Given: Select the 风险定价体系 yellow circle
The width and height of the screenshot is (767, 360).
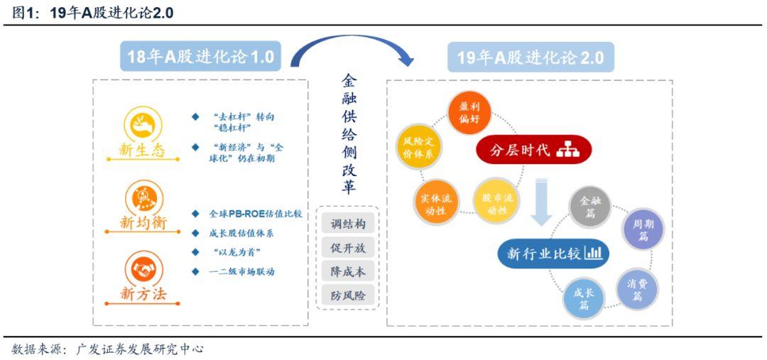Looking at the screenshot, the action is (x=418, y=148).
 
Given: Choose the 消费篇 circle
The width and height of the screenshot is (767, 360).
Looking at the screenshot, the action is (x=637, y=288).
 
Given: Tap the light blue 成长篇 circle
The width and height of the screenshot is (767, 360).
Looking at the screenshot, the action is (x=584, y=298).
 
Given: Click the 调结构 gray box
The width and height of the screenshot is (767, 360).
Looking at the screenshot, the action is (x=348, y=224).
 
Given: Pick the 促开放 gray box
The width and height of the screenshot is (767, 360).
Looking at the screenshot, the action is (x=348, y=248).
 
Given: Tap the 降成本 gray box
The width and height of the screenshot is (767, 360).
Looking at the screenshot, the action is (x=348, y=271).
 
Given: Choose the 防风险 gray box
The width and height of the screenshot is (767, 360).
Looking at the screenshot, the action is (x=348, y=295).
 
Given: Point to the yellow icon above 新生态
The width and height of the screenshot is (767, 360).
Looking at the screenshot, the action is (x=143, y=124).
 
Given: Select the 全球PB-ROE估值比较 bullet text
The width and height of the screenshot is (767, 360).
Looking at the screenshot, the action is (x=256, y=214).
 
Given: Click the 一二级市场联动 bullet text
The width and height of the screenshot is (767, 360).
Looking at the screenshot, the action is (x=241, y=271).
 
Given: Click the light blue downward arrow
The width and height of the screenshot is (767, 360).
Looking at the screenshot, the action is (x=541, y=202).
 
